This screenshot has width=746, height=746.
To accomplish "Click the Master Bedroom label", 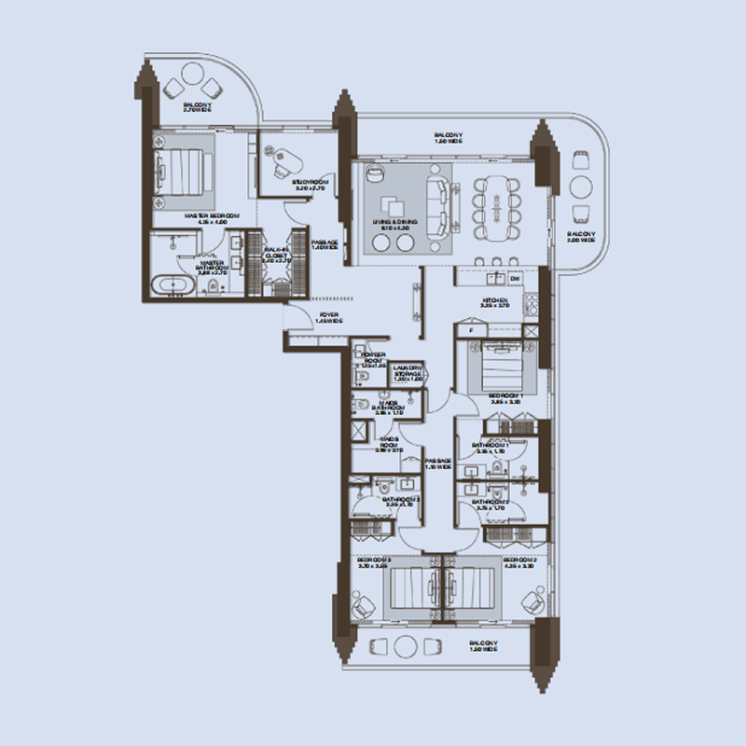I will point(212,217).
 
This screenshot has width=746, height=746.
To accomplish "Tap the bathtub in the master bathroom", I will point(173,284).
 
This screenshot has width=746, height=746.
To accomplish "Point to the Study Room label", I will point(307,184).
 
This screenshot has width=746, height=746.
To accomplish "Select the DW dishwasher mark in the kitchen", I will point(515,278).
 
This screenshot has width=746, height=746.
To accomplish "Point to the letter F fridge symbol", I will point(472,330).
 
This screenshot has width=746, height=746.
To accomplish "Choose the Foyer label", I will point(328,318).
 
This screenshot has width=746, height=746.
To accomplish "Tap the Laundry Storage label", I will point(408,375).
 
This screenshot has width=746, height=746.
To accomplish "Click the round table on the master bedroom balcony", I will point(194,73).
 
